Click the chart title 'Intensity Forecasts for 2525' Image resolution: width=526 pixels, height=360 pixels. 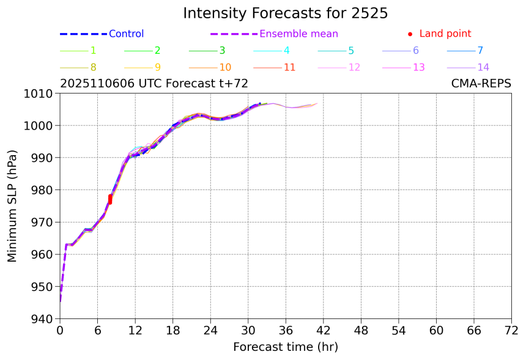(285, 13)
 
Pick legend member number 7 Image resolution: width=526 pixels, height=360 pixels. (480, 51)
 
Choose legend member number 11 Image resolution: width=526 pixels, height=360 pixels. (290, 67)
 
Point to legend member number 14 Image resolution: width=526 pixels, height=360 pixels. (483, 67)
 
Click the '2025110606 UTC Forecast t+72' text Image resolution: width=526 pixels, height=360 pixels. (154, 84)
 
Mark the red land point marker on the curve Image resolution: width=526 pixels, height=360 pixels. (110, 199)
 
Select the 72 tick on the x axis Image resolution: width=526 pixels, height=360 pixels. (511, 331)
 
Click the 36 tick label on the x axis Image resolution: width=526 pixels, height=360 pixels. (286, 331)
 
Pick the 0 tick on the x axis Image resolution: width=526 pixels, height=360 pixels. (60, 331)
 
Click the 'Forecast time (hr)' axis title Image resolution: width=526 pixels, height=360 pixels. (285, 347)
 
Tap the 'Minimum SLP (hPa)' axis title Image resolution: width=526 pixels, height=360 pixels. (13, 206)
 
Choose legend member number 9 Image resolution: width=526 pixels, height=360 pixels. (157, 67)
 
